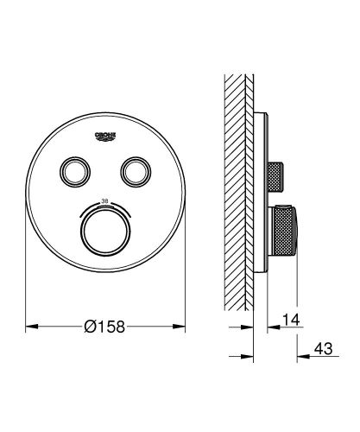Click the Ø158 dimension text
(x=109, y=327)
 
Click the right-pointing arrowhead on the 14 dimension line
(x=249, y=327)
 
